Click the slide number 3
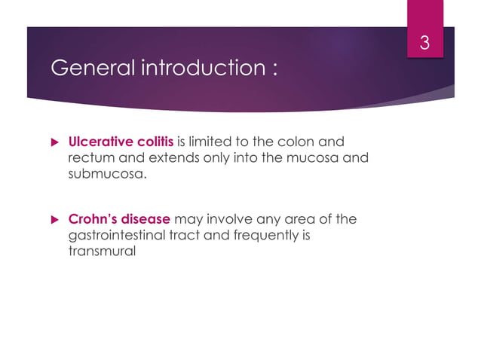[x=424, y=44]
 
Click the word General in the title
[x=84, y=69]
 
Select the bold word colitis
[x=155, y=141]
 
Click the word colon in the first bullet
[x=300, y=141]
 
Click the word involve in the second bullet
[x=227, y=220]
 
